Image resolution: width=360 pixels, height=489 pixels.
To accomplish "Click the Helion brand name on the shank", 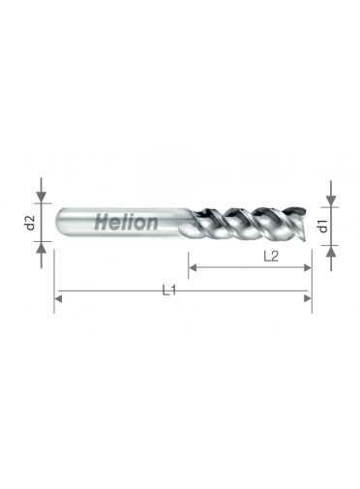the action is pyautogui.click(x=127, y=222).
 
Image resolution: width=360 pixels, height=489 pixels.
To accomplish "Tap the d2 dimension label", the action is pyautogui.click(x=30, y=223).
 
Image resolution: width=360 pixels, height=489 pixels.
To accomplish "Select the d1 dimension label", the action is pyautogui.click(x=323, y=226).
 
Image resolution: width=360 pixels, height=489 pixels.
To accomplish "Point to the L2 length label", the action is pyautogui.click(x=271, y=257).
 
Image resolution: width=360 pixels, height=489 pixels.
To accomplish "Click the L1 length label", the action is pyautogui.click(x=168, y=290).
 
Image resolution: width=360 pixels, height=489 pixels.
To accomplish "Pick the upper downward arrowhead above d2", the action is pyautogui.click(x=41, y=197).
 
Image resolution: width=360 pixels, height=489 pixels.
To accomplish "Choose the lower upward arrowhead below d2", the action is pyautogui.click(x=41, y=247).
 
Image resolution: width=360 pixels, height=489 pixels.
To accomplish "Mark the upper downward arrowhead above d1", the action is pyautogui.click(x=331, y=200).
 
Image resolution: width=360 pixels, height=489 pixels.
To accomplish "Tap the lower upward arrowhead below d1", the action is pyautogui.click(x=331, y=251).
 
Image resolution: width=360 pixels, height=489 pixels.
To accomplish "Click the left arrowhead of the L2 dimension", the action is pyautogui.click(x=193, y=267).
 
